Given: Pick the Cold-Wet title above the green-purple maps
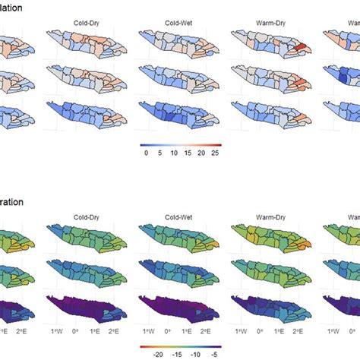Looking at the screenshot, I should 175,215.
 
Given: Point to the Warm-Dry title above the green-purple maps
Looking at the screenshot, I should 267,215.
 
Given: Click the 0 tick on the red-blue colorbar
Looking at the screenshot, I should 146,152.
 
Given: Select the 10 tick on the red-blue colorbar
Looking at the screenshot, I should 174,152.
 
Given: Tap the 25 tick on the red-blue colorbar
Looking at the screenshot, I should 216,152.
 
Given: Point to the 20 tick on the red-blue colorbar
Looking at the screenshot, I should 202,152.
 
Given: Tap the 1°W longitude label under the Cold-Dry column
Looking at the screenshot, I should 56,332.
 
